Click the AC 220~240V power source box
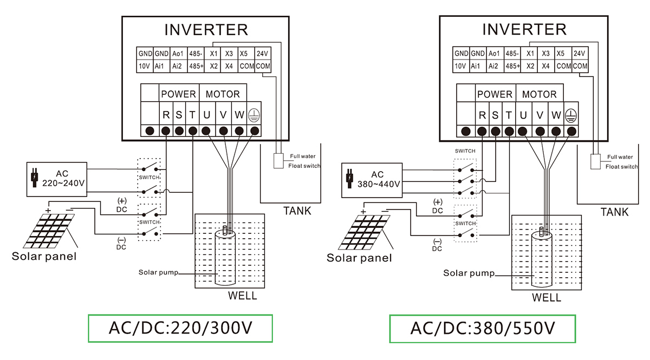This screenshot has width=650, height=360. pyautogui.click(x=56, y=178)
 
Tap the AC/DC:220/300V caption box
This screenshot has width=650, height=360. pyautogui.click(x=180, y=328)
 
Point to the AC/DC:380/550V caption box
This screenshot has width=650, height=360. pyautogui.click(x=482, y=329)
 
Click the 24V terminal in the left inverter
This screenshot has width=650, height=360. pyautogui.click(x=263, y=54)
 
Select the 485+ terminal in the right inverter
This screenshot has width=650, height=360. pyautogui.click(x=512, y=66)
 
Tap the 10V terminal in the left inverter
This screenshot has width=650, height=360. pyautogui.click(x=145, y=66)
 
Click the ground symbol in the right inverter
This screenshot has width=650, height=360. pyautogui.click(x=570, y=115)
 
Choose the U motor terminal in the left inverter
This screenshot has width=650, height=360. pyautogui.click(x=206, y=114)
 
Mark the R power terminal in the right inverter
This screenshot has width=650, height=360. pyautogui.click(x=482, y=115)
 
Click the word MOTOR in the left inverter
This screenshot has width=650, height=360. pyautogui.click(x=222, y=94)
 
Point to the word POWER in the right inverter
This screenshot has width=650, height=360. pyautogui.click(x=495, y=94)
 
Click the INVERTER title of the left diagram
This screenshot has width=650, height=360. pyautogui.click(x=206, y=29)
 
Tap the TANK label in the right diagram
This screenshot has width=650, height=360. pyautogui.click(x=615, y=212)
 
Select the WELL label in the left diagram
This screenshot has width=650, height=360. pyautogui.click(x=242, y=296)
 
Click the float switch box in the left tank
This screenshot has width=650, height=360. pyautogui.click(x=278, y=161)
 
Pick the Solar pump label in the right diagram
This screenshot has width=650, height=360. pyautogui.click(x=469, y=273)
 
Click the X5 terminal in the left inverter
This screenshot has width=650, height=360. pyautogui.click(x=244, y=54)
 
